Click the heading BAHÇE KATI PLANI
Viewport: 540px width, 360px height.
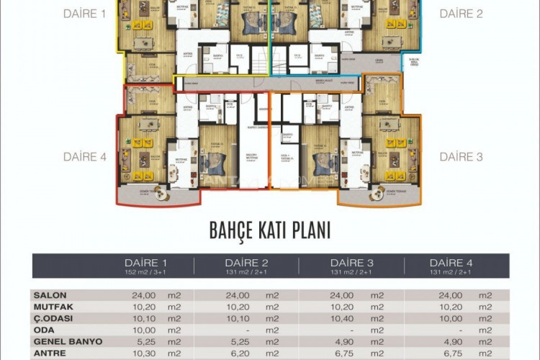pyautogui.click(x=270, y=230)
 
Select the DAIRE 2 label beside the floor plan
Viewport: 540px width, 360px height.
pyautogui.click(x=462, y=14)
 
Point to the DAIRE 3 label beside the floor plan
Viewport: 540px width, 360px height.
pyautogui.click(x=462, y=156)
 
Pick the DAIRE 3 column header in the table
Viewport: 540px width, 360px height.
pyautogui.click(x=352, y=262)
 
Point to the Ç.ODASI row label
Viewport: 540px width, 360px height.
pyautogui.click(x=54, y=318)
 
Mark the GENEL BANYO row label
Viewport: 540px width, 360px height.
pyautogui.click(x=68, y=341)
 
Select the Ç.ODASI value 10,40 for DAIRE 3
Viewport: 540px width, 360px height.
pyautogui.click(x=344, y=318)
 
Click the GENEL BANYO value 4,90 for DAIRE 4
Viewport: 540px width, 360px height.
pyautogui.click(x=444, y=341)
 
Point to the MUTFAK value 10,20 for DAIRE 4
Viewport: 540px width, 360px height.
pyautogui.click(x=444, y=307)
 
